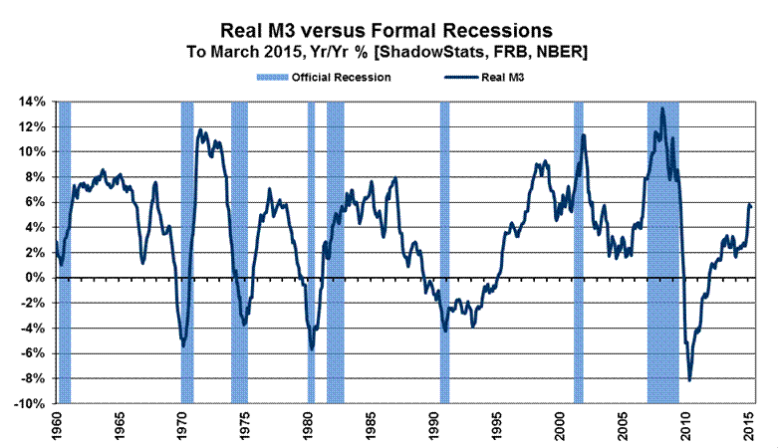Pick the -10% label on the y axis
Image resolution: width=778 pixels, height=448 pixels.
coord(31,404)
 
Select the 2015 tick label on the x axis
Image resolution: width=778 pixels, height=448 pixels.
coord(749,426)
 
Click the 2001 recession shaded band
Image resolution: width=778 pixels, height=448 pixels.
coord(578,249)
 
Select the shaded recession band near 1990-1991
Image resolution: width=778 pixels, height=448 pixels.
coord(444,249)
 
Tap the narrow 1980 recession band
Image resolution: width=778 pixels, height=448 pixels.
coord(311,249)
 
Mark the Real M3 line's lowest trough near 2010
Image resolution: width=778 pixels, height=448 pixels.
coord(689,379)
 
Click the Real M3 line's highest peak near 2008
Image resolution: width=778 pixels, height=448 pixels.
coord(662,109)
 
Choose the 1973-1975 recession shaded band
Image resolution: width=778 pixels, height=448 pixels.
coord(239,249)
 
